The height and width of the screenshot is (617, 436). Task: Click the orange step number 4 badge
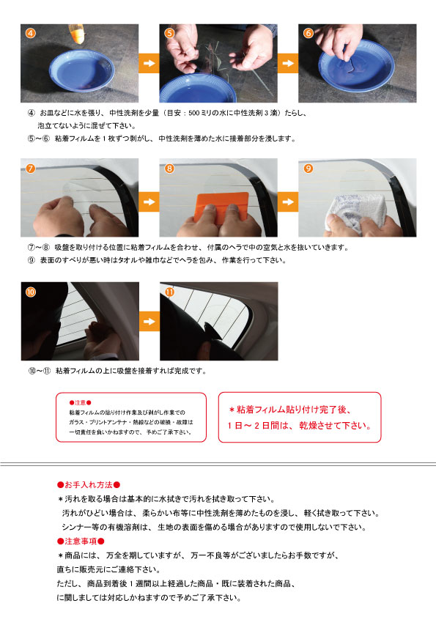point(31,33)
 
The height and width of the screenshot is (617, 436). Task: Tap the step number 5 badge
point(169,33)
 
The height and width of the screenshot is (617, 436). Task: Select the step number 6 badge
point(308,33)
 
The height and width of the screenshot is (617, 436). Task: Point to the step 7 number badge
point(31,169)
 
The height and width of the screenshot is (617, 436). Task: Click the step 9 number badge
point(308,169)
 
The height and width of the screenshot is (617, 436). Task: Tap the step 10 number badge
point(31,292)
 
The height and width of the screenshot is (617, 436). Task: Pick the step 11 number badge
point(169,292)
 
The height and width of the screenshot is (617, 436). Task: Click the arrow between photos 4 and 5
point(149,63)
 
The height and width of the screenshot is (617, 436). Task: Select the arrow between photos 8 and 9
point(288,202)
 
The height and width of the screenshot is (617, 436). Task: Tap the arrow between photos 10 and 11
point(149,322)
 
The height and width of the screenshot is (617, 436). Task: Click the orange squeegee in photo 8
point(221,207)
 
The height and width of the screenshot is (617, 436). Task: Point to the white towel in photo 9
point(355,213)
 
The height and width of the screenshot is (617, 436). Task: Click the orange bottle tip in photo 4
point(77,34)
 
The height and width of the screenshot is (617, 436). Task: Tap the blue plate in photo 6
point(357,65)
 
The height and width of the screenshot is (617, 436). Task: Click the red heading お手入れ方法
point(89,485)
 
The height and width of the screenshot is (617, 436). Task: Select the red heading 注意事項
point(81,542)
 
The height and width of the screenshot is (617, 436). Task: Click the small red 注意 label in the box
point(81,403)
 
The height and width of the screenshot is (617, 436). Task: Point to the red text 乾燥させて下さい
point(336,425)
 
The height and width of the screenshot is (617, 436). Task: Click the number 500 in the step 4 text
point(193,114)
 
